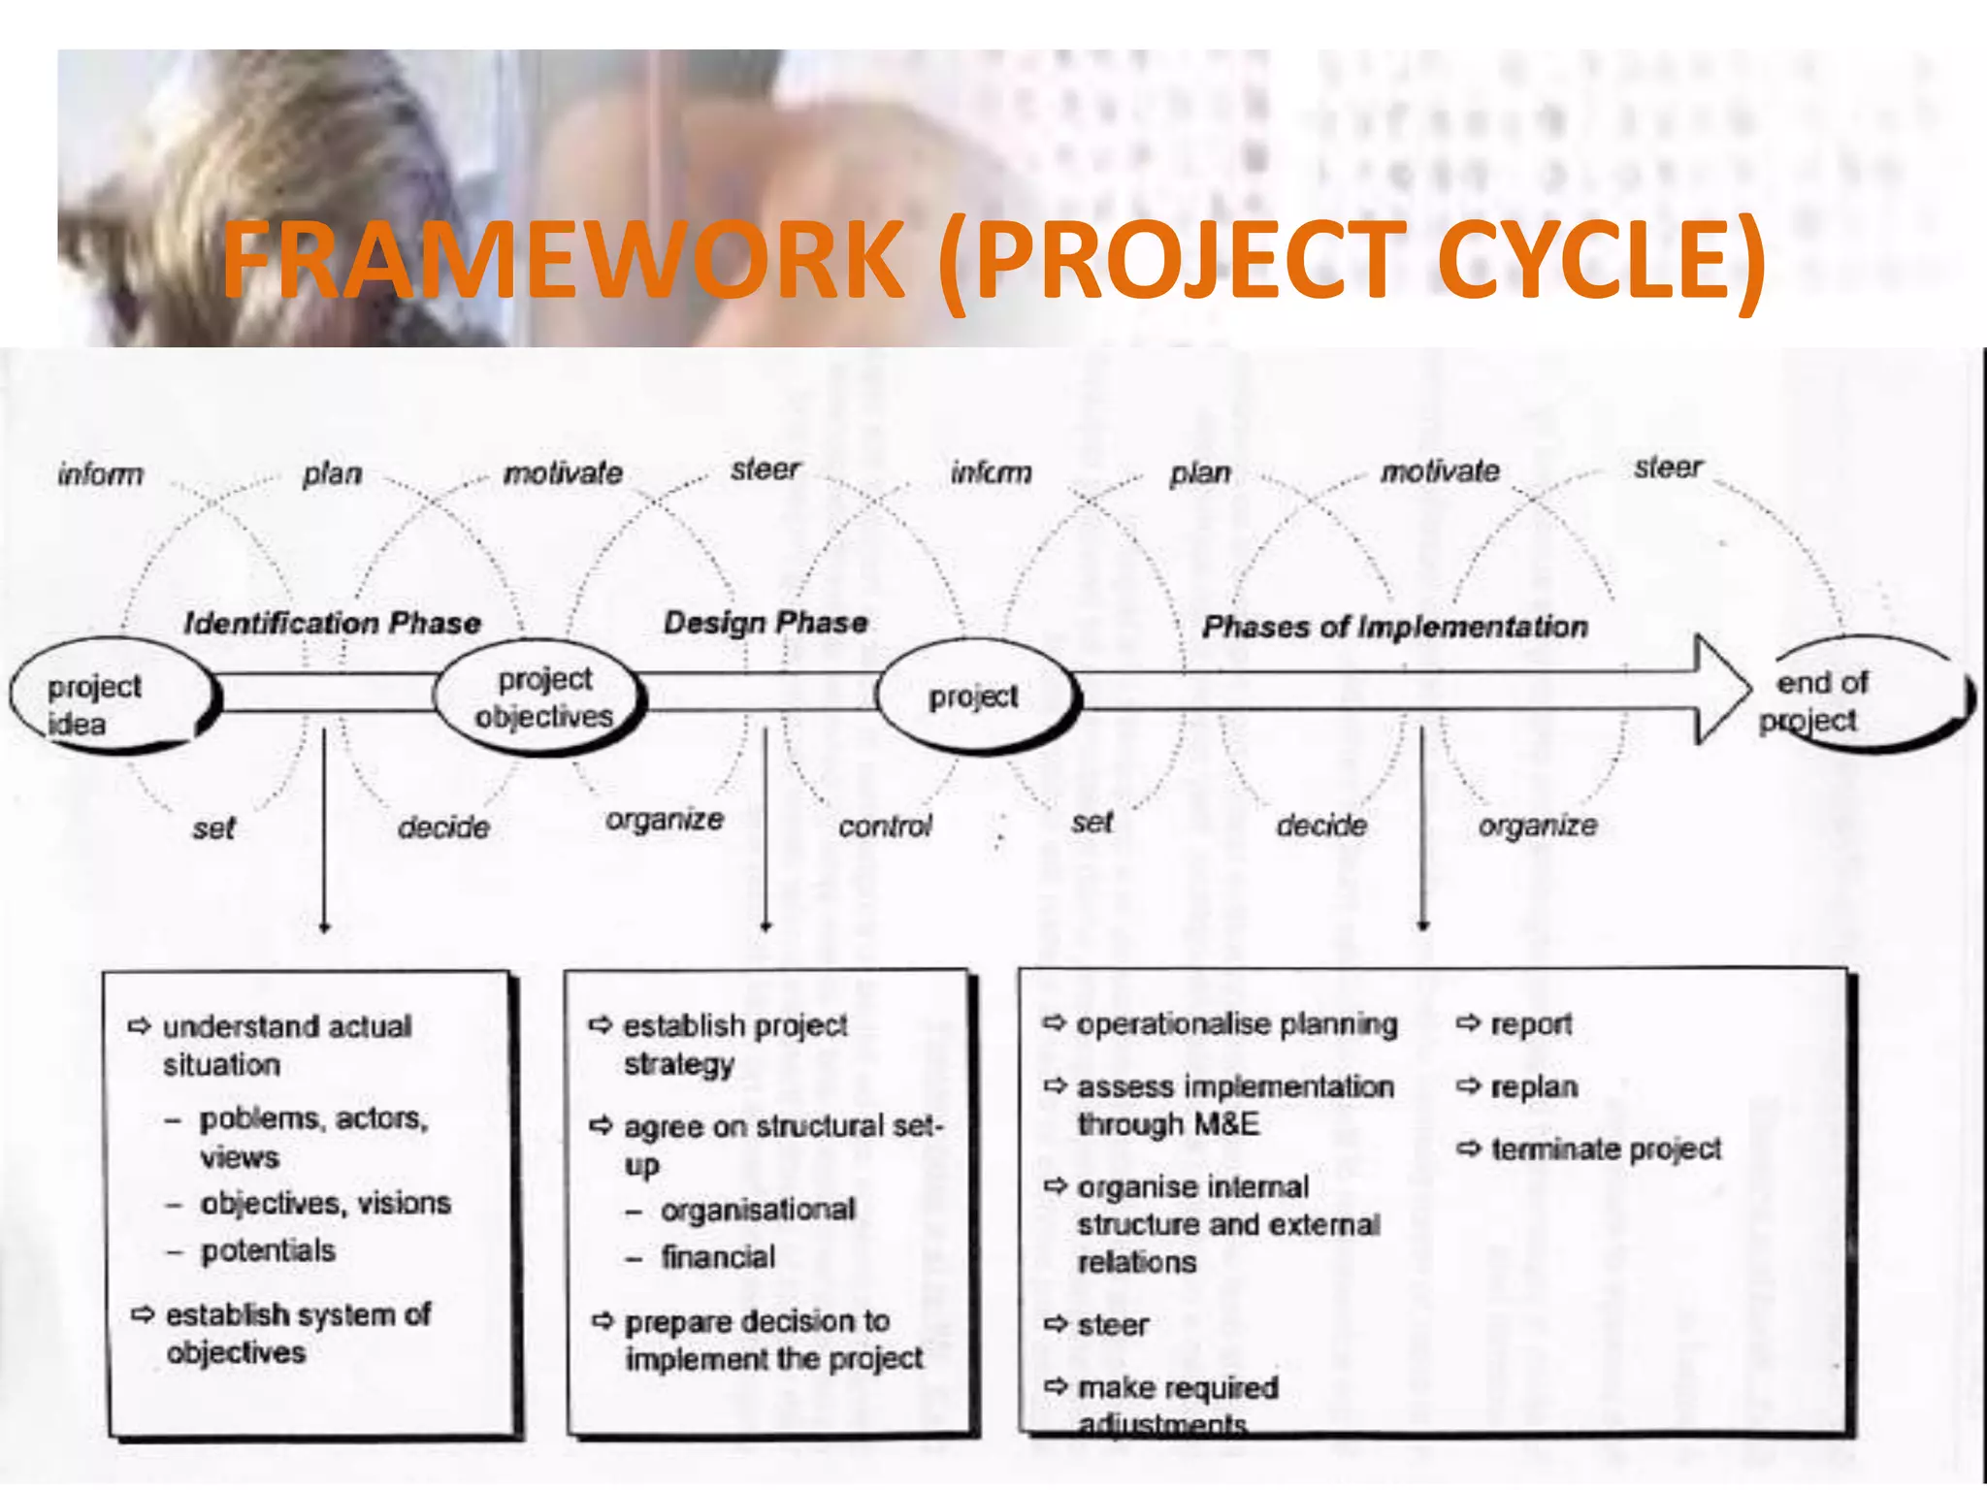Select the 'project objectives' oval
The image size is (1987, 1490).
tap(541, 696)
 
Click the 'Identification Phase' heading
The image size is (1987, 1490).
tap(332, 623)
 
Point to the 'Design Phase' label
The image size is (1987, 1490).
tap(765, 623)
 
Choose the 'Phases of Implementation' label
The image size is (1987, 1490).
tap(1395, 627)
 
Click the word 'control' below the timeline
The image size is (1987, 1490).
tap(885, 826)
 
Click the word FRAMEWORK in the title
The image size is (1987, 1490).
tap(563, 260)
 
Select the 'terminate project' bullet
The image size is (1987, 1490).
tap(1605, 1150)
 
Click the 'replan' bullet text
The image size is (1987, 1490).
tap(1534, 1087)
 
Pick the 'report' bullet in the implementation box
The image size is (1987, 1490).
tap(1530, 1024)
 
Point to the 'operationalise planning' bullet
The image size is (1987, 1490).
tap(1236, 1024)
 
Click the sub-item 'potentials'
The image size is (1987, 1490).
tap(268, 1250)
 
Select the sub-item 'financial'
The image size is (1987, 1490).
tap(718, 1257)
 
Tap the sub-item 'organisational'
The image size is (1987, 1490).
tap(758, 1210)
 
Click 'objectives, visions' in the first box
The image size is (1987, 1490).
tap(325, 1204)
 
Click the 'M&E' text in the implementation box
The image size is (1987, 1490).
tap(1226, 1124)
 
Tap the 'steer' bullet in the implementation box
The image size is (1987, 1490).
tap(1113, 1325)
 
